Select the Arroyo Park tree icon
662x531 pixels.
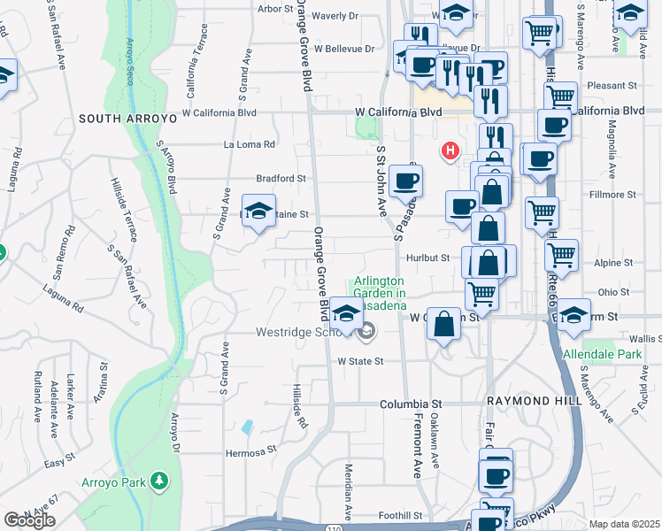click(x=159, y=481)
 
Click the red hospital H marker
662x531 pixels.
click(x=450, y=151)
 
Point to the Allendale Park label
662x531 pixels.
click(x=603, y=354)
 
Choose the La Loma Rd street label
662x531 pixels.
click(x=250, y=144)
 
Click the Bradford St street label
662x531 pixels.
click(x=281, y=178)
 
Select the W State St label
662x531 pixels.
click(x=360, y=361)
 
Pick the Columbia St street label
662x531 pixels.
click(x=410, y=404)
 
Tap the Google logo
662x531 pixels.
click(x=29, y=520)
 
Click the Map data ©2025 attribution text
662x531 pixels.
click(x=624, y=524)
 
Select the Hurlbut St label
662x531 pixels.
click(x=428, y=258)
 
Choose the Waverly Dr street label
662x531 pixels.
click(x=335, y=16)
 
